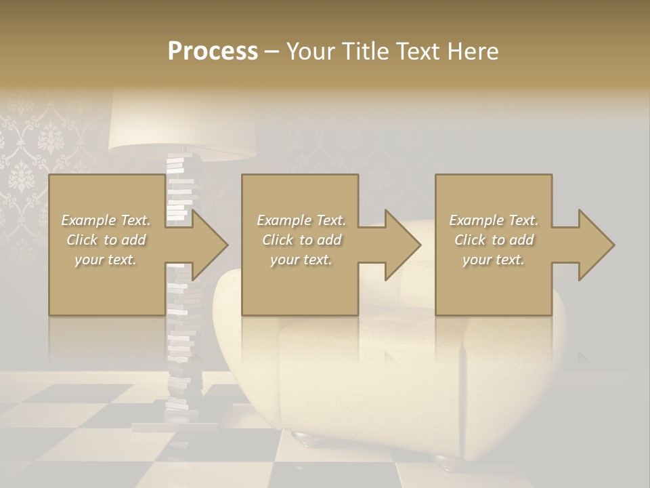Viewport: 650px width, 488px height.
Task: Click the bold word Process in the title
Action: (213, 51)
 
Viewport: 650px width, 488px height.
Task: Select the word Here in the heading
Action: (472, 51)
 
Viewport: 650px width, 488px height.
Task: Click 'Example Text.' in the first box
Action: (106, 220)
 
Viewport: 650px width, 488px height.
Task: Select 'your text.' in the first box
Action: (106, 260)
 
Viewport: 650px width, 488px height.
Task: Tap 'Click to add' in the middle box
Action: (301, 240)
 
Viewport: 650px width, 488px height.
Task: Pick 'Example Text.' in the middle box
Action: (301, 220)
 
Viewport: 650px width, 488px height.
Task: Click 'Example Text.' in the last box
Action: (494, 220)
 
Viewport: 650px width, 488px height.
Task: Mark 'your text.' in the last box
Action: (494, 260)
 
